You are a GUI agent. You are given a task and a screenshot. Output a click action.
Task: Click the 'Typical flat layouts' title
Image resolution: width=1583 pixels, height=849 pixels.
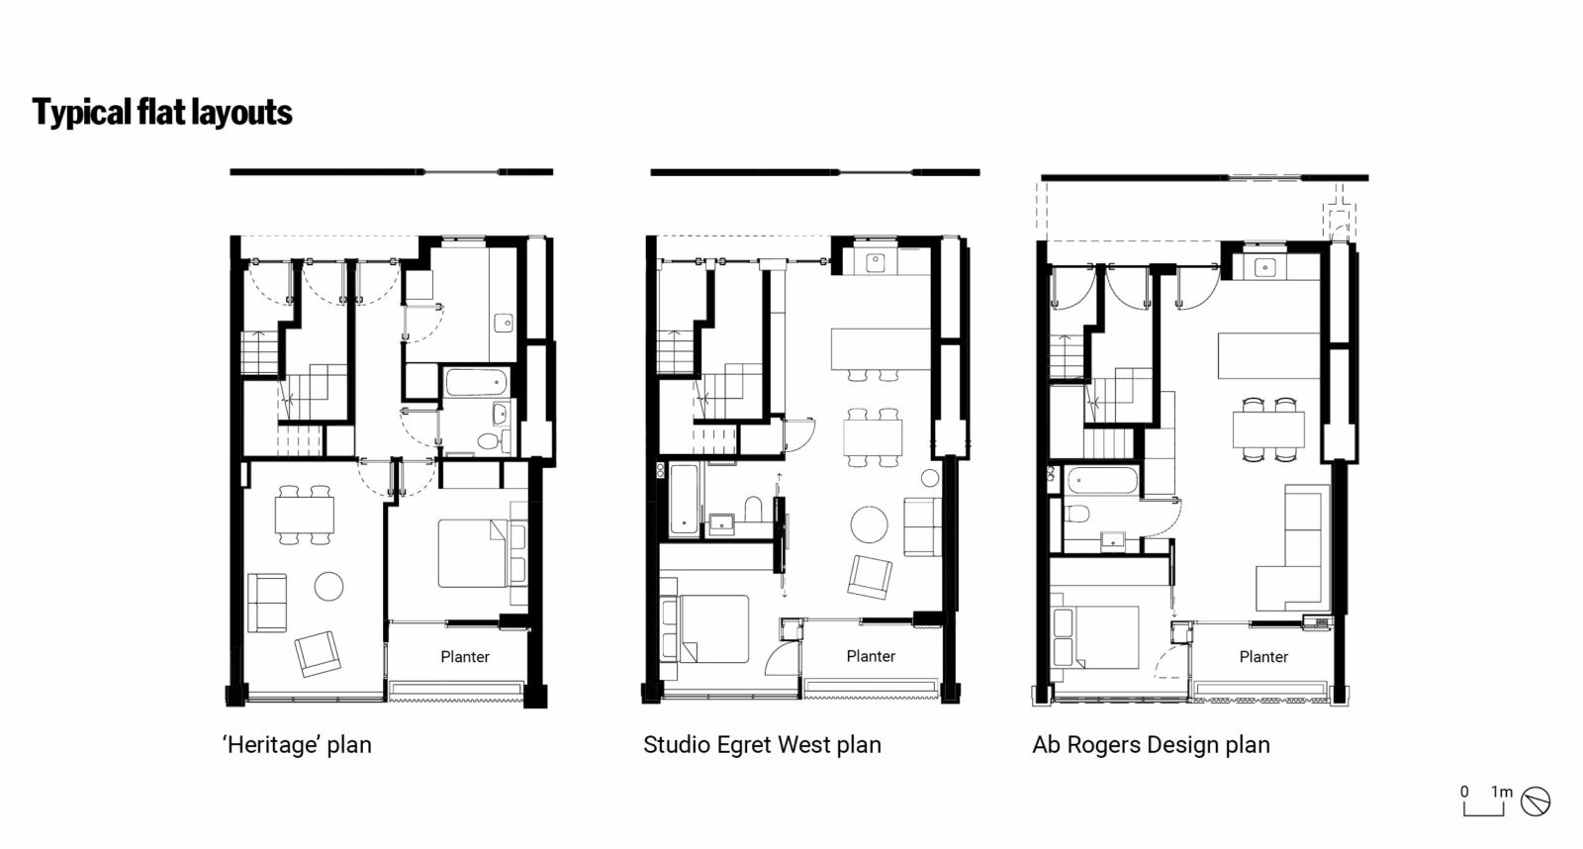[x=162, y=113]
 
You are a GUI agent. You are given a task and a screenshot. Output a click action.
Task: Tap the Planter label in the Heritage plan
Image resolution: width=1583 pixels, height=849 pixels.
[x=465, y=656]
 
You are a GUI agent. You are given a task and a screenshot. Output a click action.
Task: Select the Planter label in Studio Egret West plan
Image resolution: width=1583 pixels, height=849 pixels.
[x=871, y=656]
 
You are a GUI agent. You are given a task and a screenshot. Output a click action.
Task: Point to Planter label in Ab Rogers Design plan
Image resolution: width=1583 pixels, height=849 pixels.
[x=1263, y=656]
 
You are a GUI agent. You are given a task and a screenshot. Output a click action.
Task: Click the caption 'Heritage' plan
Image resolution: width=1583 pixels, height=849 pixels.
[x=297, y=745]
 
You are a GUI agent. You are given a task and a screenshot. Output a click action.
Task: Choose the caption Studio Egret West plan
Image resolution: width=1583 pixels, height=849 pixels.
[x=762, y=745]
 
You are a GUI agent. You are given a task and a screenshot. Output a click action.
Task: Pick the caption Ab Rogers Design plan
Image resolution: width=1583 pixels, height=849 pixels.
[x=1151, y=745]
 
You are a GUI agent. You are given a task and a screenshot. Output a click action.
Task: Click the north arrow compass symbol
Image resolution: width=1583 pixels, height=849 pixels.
[x=1536, y=802]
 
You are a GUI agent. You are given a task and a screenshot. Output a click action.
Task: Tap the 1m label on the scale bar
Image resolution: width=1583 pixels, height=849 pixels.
[x=1502, y=792]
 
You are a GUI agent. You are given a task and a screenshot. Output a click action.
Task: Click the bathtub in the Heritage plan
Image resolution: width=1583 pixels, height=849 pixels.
[x=476, y=382]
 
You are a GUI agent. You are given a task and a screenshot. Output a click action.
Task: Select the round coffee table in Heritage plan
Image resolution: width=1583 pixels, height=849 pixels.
[x=328, y=587]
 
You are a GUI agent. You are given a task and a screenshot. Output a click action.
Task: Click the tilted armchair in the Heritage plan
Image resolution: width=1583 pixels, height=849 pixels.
[x=318, y=653]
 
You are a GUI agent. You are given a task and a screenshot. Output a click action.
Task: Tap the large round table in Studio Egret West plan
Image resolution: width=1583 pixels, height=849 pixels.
[x=870, y=525]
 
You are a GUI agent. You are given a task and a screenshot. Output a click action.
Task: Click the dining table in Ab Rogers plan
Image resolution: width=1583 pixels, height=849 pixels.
[x=1268, y=429]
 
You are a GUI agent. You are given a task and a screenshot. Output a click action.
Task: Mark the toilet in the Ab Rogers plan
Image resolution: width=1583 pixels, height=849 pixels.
[x=1077, y=513]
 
